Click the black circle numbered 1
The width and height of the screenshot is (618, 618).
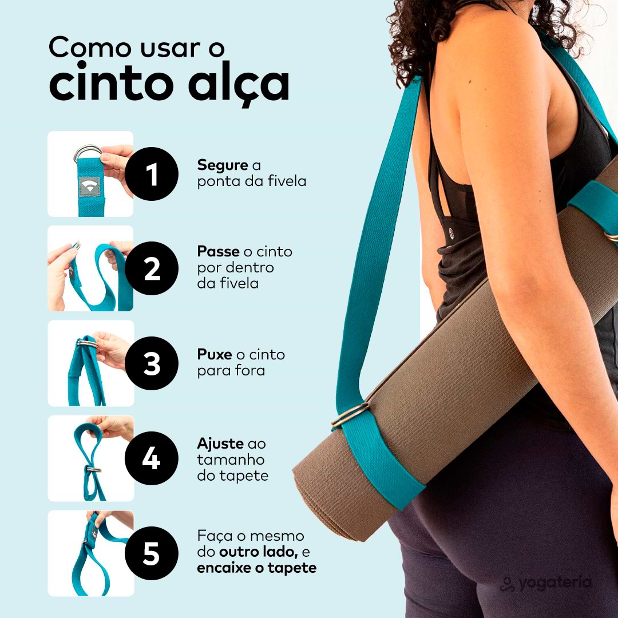152,174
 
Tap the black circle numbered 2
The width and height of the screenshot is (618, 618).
152,268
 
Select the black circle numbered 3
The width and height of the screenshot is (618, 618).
152,363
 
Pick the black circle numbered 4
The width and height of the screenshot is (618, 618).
152,458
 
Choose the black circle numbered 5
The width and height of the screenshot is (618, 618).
152,553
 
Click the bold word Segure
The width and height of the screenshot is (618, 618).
223,166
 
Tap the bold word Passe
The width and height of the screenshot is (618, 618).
219,251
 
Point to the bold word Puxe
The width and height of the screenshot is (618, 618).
215,354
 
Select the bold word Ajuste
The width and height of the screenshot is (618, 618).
220,445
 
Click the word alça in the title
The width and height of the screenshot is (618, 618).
239,84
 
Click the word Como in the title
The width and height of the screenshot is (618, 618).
90,47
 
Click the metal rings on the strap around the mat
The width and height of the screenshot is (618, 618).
350,415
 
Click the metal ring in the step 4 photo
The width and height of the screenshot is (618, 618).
94,469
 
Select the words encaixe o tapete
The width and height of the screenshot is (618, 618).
256,568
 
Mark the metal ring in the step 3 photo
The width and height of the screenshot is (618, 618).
87,344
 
